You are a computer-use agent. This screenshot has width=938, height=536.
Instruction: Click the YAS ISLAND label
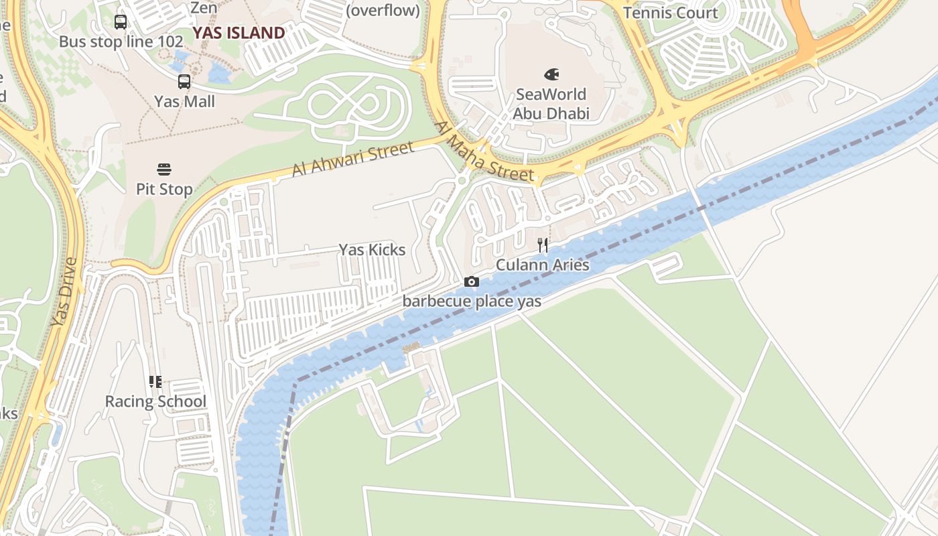tap(239, 33)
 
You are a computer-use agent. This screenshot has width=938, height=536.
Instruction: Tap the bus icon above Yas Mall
tap(184, 82)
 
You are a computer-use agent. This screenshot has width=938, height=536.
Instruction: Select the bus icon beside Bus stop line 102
tap(121, 22)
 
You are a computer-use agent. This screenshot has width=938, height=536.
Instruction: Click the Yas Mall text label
tap(184, 102)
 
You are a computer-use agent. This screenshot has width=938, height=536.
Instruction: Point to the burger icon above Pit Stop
tap(164, 169)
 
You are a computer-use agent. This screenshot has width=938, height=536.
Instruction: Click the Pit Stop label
tap(164, 189)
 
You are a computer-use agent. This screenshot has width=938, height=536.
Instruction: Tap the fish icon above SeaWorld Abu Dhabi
tap(551, 74)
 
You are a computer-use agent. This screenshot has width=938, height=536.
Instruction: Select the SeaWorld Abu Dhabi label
tap(551, 104)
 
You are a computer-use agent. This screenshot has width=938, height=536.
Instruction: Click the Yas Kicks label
tap(372, 250)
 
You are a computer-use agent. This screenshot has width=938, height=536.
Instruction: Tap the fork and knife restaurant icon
tap(543, 245)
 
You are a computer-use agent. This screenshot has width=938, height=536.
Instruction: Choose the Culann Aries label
tap(543, 265)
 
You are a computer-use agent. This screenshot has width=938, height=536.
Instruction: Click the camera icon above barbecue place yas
tap(472, 281)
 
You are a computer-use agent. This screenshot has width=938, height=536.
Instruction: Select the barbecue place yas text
tap(472, 301)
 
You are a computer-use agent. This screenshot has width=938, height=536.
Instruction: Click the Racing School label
tap(155, 402)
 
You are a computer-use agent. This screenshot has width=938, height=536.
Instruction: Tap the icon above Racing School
tap(155, 382)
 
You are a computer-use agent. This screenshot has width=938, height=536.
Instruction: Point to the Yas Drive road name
tap(64, 292)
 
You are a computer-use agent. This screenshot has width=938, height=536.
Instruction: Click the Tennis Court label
tap(670, 13)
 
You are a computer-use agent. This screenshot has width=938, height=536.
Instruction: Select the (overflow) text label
tap(383, 11)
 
